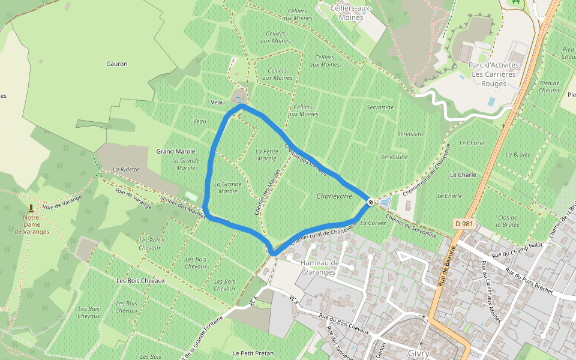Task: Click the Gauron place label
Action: [116, 64]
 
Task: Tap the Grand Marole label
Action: [176, 151]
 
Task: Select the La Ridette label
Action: [125, 169]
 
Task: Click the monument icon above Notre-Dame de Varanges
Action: [31, 208]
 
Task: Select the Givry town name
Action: [419, 353]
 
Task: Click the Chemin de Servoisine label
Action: [411, 226]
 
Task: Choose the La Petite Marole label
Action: [266, 155]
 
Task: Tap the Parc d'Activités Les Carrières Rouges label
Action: [493, 74]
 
